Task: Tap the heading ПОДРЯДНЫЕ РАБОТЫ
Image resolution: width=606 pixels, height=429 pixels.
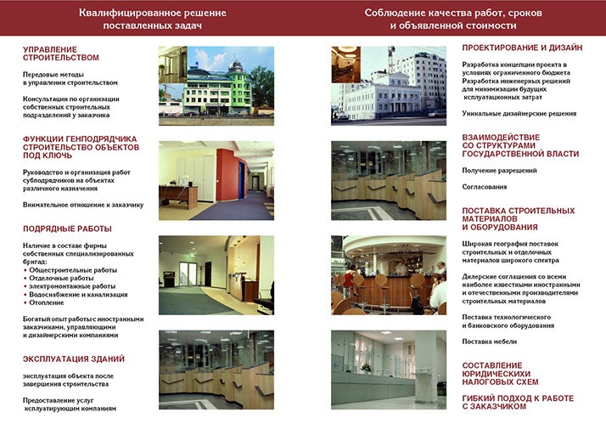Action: [68, 229]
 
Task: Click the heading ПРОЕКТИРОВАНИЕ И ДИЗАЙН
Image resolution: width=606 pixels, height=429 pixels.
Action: [522, 48]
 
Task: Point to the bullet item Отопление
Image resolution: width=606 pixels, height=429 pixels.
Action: [47, 302]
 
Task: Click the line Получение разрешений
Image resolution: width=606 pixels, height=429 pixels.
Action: [499, 171]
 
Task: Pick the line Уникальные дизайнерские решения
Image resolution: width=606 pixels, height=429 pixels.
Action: [519, 113]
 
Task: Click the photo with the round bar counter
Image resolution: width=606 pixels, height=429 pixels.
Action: [388, 275]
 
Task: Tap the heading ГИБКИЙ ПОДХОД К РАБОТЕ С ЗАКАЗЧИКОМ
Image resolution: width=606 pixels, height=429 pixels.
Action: [517, 402]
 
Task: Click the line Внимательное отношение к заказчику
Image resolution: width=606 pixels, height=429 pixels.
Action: [83, 205]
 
